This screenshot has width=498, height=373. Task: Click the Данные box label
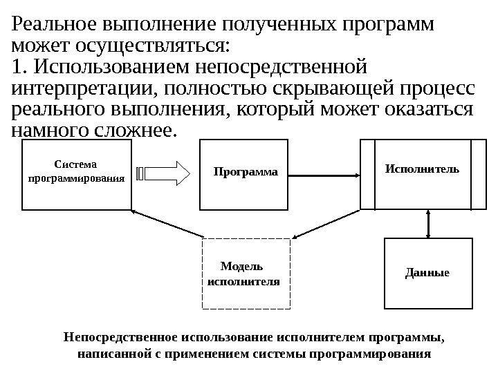pos(427,272)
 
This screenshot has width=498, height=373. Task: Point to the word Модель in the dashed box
pos(242,267)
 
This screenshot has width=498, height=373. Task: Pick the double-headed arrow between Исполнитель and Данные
pos(429,223)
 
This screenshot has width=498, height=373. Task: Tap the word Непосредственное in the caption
pos(120,338)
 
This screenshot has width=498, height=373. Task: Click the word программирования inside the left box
pos(76,178)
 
